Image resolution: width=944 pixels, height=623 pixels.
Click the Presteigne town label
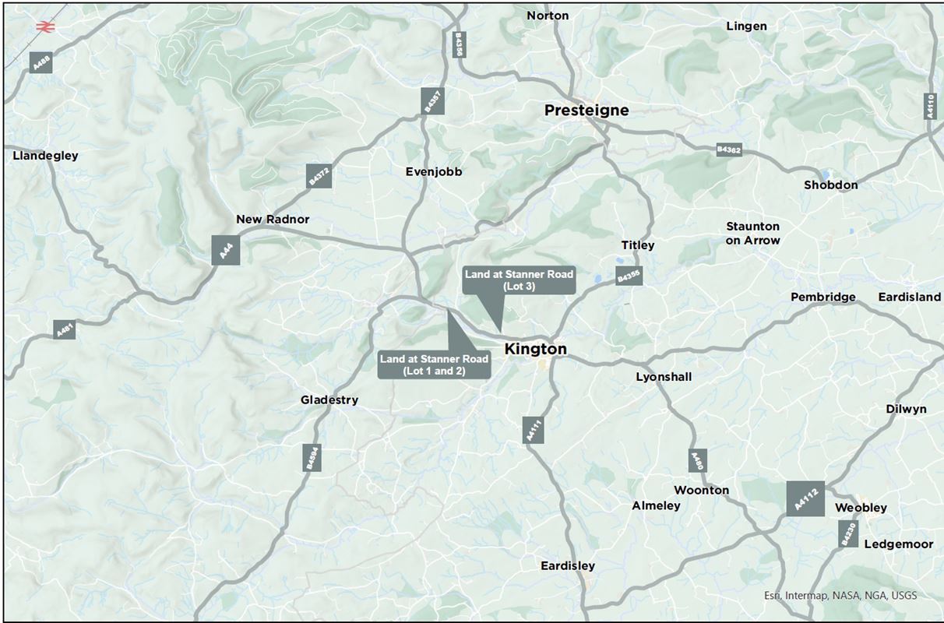coord(586,111)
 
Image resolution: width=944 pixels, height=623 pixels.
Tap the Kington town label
coord(535,350)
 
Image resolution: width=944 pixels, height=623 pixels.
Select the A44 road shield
coord(226,251)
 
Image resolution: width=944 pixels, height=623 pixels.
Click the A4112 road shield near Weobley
coord(805,499)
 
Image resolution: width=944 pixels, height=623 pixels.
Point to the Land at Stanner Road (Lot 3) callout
coord(519,280)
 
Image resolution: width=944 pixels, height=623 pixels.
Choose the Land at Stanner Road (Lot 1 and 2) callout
coord(434,364)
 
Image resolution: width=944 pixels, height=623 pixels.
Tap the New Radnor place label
coord(273,220)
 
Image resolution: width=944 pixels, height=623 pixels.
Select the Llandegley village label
coord(46,156)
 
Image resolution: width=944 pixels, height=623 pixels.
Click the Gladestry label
coord(329,400)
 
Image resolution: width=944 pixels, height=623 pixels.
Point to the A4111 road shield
coord(534,430)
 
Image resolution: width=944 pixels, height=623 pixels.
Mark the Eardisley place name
coord(568,566)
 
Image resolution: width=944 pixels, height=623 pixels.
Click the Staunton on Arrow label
coord(752,234)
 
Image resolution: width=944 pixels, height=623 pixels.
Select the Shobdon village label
coord(830,185)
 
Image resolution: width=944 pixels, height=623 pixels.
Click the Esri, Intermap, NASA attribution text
coord(840,596)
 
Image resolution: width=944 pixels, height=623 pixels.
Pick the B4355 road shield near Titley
coord(629,275)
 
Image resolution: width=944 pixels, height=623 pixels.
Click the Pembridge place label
coord(822,297)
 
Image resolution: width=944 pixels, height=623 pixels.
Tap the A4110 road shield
coord(929,106)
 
